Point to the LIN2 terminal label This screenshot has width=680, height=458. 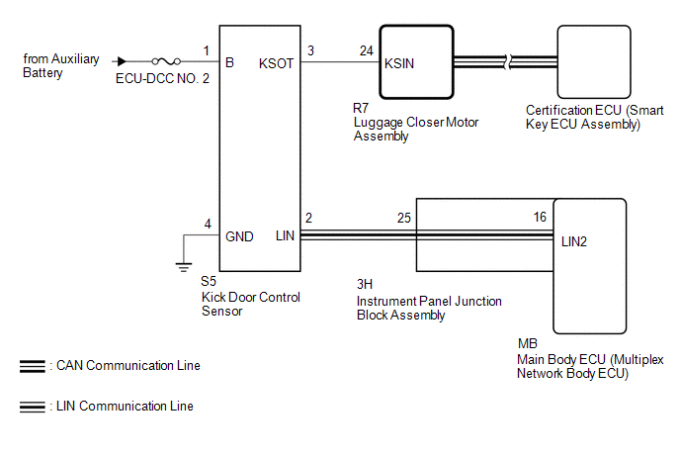click(576, 240)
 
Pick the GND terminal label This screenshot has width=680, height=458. click(240, 236)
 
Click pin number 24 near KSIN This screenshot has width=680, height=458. click(367, 50)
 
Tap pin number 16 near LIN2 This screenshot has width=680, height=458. click(539, 217)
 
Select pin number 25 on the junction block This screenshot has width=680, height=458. click(403, 217)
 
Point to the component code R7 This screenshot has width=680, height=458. click(361, 108)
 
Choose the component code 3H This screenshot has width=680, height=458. click(365, 286)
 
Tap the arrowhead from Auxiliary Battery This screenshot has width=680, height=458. click(122, 61)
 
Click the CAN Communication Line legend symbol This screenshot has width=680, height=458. click(32, 366)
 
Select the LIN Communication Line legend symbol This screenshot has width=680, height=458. click(32, 406)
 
